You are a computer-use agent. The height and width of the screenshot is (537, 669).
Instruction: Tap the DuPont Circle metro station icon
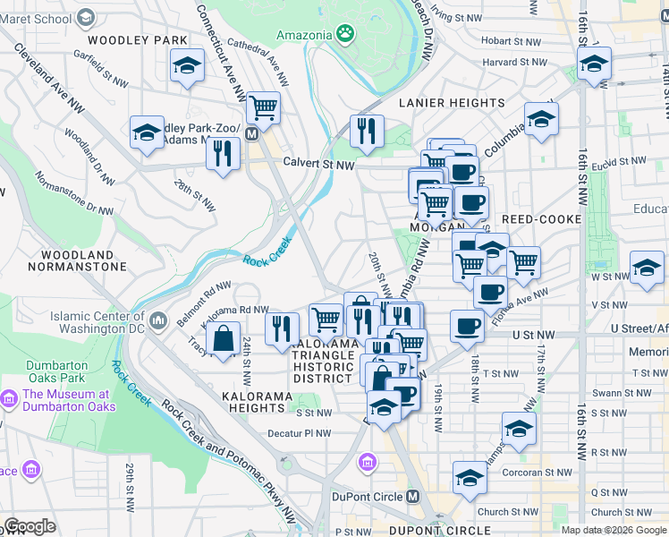click(x=413, y=497)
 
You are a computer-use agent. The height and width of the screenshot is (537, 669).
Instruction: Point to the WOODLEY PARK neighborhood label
click(x=138, y=40)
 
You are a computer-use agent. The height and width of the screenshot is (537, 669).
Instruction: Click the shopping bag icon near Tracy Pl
click(x=222, y=339)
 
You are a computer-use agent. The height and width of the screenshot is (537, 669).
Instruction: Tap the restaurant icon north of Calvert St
click(x=367, y=132)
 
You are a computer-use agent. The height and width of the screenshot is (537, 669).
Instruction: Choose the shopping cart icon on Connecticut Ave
click(x=264, y=107)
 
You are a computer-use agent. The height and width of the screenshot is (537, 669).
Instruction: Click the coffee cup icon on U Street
click(x=467, y=326)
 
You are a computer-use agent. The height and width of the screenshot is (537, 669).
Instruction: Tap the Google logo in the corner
click(x=30, y=526)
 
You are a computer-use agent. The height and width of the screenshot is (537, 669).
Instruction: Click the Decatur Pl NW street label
click(x=299, y=433)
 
